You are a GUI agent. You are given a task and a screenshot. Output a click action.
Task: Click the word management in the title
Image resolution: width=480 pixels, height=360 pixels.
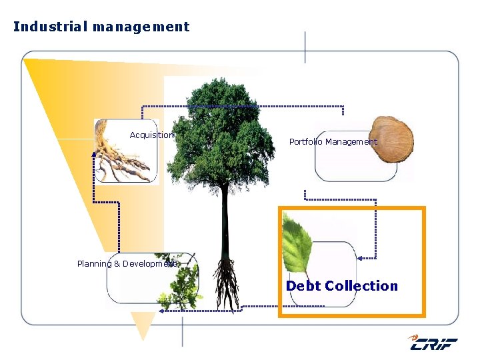coord(141,27)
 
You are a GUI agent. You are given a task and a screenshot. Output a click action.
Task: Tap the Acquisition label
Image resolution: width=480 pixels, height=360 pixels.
coord(151,135)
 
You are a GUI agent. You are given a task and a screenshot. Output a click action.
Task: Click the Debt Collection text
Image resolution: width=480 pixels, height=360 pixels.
coord(341,286)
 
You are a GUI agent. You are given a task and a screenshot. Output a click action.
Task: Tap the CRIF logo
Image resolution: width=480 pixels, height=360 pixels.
coord(433,343)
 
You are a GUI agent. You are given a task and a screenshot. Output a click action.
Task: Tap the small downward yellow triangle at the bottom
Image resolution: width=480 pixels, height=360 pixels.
coord(143,325)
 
